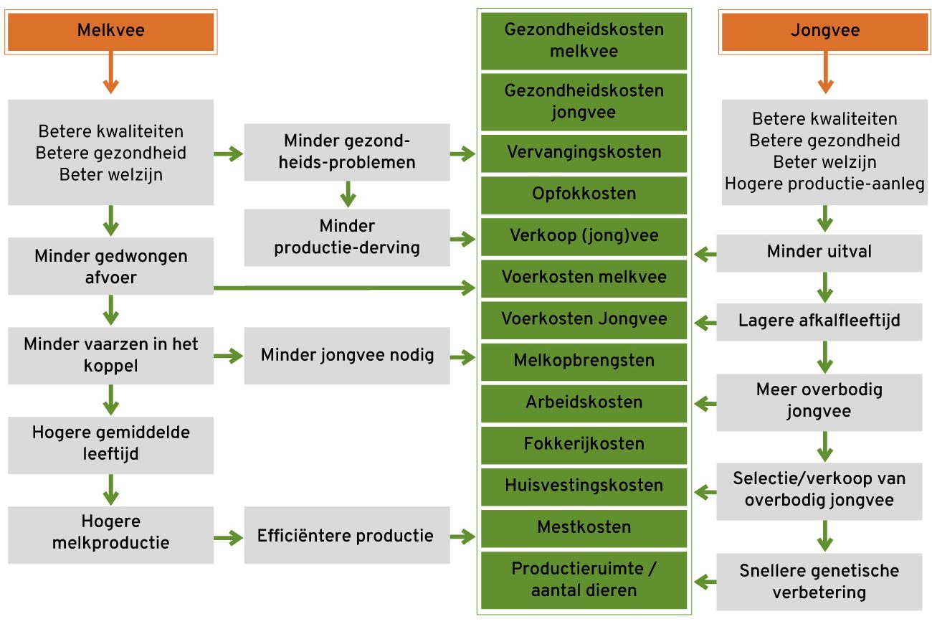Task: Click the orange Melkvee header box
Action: (x=110, y=32)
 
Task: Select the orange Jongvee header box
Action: (x=824, y=32)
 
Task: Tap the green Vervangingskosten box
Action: (x=584, y=153)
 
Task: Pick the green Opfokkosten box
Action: (x=584, y=194)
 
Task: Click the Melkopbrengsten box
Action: (x=584, y=361)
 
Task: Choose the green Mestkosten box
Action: (x=584, y=528)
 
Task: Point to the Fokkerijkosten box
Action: (x=584, y=444)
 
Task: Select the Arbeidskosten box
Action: (x=584, y=402)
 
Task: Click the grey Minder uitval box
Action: (x=819, y=252)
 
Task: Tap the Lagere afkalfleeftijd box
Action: (x=819, y=320)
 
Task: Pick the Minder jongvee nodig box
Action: (x=347, y=355)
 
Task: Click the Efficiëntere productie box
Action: (x=347, y=536)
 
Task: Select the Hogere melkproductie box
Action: (x=110, y=532)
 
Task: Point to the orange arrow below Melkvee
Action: (x=110, y=75)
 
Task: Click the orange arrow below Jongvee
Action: (x=825, y=75)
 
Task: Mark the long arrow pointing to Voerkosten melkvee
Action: (x=344, y=288)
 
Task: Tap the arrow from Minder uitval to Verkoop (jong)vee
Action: (x=705, y=253)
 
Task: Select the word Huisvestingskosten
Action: (x=584, y=486)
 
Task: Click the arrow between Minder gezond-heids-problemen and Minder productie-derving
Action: (x=347, y=194)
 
